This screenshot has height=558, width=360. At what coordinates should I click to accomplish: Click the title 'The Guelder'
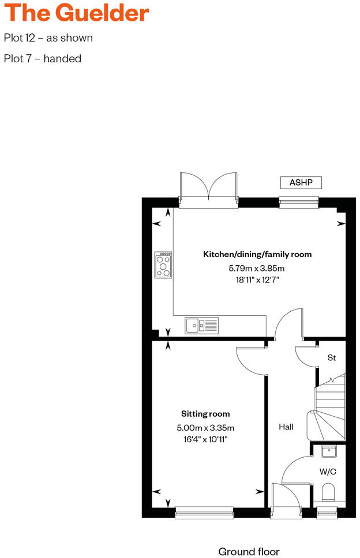77,13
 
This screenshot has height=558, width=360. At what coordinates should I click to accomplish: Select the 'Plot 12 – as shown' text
48,38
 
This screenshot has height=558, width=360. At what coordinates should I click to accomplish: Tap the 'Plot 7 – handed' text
43,58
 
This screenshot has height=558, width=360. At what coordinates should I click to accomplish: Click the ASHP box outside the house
301,183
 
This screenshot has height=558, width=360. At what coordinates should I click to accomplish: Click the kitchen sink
201,326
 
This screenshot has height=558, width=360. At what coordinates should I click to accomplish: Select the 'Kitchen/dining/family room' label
257,254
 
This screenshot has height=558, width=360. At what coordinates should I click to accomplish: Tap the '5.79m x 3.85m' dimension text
257,268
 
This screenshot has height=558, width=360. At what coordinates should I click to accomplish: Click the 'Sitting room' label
205,414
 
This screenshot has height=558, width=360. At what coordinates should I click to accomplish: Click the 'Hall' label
286,427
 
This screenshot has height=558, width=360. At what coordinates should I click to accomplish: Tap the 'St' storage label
332,357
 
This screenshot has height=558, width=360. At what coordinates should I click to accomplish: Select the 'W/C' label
328,472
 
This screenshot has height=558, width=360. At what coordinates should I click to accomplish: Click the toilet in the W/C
328,492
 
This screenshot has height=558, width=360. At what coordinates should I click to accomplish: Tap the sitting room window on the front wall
204,509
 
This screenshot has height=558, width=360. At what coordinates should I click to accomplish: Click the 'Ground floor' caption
249,552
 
